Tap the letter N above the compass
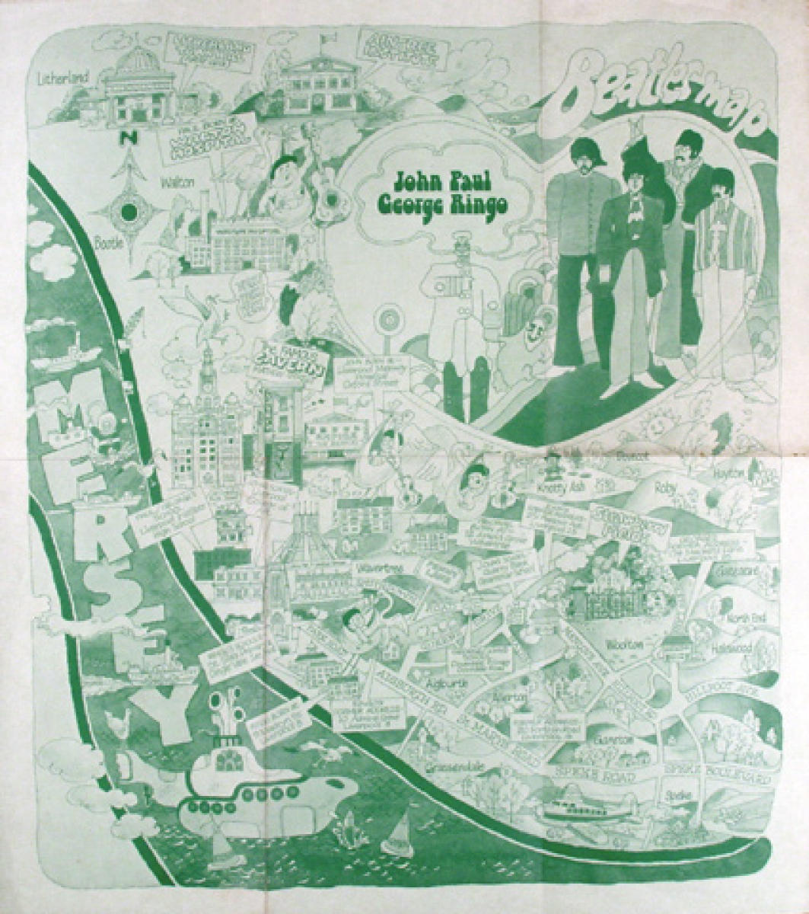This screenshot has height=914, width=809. pyautogui.click(x=111, y=139)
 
